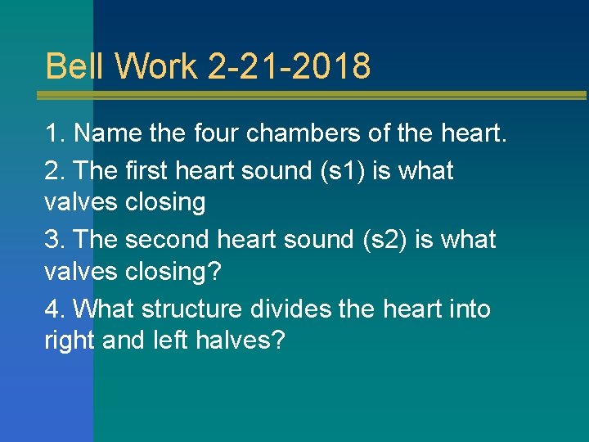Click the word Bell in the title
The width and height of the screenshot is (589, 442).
(x=70, y=66)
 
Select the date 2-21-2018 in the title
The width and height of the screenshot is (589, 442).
(x=290, y=66)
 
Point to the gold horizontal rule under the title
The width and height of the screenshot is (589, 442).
(x=311, y=95)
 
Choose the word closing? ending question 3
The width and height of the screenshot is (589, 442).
(x=173, y=271)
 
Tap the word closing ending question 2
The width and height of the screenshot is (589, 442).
(x=165, y=202)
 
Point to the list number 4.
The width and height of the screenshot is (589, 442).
(x=52, y=309)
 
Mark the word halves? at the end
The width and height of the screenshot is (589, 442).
(x=241, y=341)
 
